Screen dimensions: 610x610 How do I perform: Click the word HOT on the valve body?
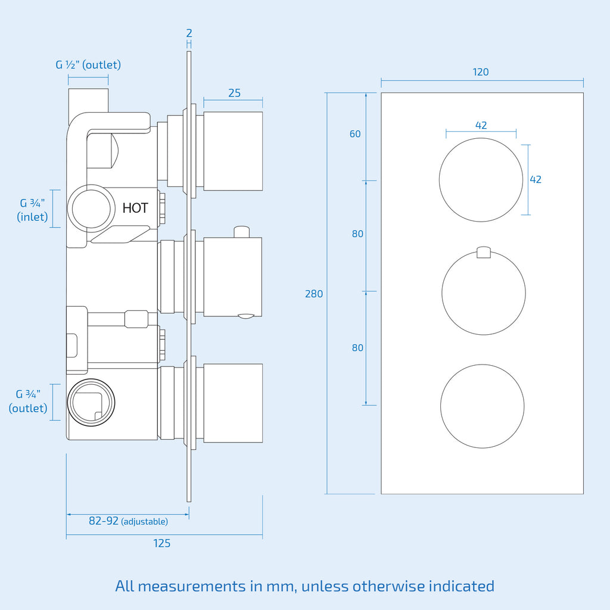pyautogui.click(x=135, y=208)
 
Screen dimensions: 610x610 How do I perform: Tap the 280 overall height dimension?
pyautogui.click(x=314, y=294)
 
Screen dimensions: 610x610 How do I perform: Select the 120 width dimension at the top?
pyautogui.click(x=481, y=72)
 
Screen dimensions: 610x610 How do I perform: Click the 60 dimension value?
pyautogui.click(x=355, y=134)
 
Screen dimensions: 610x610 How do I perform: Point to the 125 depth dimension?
pyautogui.click(x=162, y=543)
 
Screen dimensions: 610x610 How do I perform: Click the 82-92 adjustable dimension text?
pyautogui.click(x=129, y=521)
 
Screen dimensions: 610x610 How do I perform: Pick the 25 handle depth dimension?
pyautogui.click(x=234, y=93)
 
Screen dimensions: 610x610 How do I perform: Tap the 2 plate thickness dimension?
pyautogui.click(x=189, y=33)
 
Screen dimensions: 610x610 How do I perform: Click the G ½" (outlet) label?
pyautogui.click(x=88, y=64)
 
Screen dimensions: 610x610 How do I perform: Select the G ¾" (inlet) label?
pyautogui.click(x=32, y=210)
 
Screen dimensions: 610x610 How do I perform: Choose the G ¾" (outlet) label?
pyautogui.click(x=28, y=401)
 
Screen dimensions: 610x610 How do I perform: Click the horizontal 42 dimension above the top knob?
pyautogui.click(x=481, y=125)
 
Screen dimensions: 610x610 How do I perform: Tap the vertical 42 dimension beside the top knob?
pyautogui.click(x=536, y=179)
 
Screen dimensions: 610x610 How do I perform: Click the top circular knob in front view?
pyautogui.click(x=481, y=180)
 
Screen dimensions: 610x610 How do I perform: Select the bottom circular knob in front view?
pyautogui.click(x=483, y=406)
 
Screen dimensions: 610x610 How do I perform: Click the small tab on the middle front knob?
pyautogui.click(x=484, y=252)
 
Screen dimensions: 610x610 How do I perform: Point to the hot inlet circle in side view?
pyautogui.click(x=91, y=208)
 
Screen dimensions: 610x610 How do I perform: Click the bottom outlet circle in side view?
pyautogui.click(x=91, y=402)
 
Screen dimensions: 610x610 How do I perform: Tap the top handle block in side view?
pyautogui.click(x=233, y=151)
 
